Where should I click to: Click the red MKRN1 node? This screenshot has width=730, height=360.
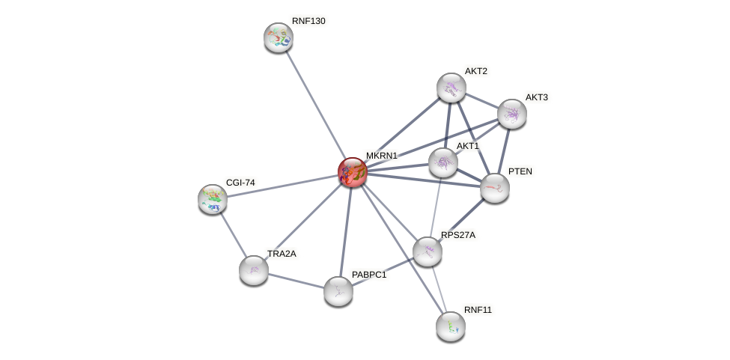[353, 172]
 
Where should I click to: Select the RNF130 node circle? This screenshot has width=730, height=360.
[279, 37]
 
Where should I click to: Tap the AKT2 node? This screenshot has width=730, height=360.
[451, 88]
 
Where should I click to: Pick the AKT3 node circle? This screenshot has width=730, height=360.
[512, 114]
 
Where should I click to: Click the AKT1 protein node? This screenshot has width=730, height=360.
[443, 162]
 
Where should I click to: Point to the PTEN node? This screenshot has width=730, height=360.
[495, 188]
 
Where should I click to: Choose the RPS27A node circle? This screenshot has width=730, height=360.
[428, 251]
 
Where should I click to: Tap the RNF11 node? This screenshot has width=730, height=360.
[451, 326]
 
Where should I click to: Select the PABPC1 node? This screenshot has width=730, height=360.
[338, 290]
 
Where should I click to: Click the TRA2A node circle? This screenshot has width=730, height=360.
[254, 269]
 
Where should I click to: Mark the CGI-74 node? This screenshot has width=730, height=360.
[213, 198]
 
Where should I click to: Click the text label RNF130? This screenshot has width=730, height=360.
[308, 21]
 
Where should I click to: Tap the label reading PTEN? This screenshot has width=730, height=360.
[520, 171]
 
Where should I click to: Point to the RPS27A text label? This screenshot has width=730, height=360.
[457, 235]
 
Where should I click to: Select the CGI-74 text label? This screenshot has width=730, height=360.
[240, 183]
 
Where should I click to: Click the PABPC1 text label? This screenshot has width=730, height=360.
[369, 275]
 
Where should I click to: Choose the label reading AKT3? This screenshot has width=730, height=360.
[536, 97]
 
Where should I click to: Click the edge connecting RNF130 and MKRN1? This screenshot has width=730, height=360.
[315, 104]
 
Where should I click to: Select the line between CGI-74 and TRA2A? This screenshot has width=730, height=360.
[233, 234]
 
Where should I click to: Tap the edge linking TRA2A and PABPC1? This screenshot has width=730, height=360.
[296, 280]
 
